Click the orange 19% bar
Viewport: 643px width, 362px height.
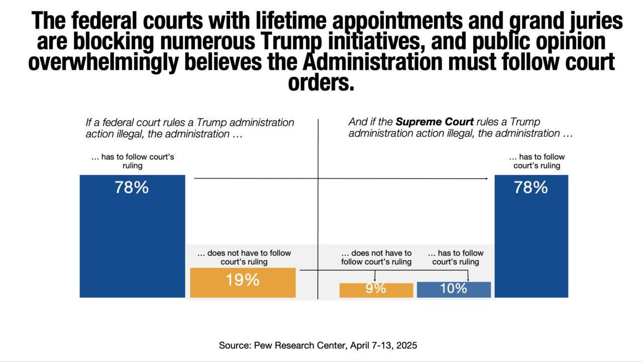coord(243,283)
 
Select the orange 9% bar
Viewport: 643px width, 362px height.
coord(376,290)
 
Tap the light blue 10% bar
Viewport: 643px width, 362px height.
coord(454,290)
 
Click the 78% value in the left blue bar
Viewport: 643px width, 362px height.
coord(132,188)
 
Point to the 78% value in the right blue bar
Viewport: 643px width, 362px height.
coord(530,188)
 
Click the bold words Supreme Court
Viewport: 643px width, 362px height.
coord(435,122)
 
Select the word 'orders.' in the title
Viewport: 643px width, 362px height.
coord(321,83)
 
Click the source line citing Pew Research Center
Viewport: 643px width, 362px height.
coord(318,345)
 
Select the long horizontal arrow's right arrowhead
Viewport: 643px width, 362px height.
coord(486,178)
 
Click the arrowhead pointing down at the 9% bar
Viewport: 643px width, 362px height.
coord(375,280)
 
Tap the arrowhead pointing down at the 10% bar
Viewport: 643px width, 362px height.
coord(468,280)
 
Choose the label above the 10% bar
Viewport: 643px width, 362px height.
coord(455,257)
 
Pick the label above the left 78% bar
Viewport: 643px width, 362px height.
coord(133,161)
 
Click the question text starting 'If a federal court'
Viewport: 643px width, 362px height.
coord(190,128)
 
